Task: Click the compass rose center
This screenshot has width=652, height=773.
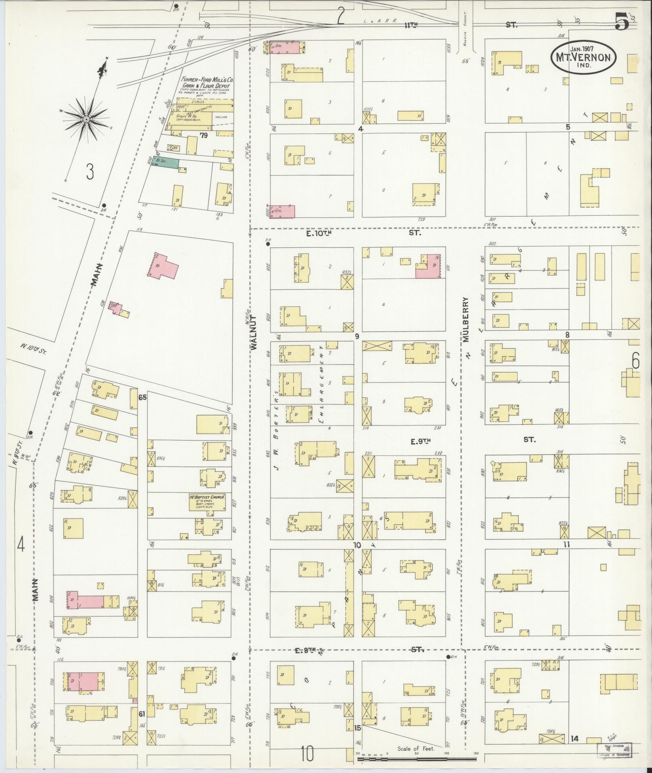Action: [x=86, y=119]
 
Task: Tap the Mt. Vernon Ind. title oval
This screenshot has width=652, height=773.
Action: [x=583, y=58]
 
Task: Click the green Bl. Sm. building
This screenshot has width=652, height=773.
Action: [x=165, y=163]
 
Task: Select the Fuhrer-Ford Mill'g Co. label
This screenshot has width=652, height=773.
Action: [x=205, y=81]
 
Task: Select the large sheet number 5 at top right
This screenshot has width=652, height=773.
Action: [x=622, y=21]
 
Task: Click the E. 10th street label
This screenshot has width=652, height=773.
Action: [x=319, y=233]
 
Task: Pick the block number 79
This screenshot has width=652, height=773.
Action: [x=203, y=135]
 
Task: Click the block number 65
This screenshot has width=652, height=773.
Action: [x=142, y=397]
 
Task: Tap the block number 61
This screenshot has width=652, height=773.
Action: [x=142, y=714]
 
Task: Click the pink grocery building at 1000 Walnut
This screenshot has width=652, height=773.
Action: [x=282, y=211]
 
